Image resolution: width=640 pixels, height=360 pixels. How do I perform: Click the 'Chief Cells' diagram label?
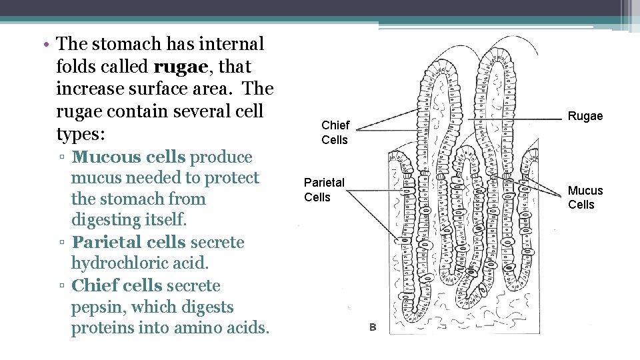[335, 132]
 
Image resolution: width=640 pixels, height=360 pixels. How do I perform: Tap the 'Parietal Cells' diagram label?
[324, 189]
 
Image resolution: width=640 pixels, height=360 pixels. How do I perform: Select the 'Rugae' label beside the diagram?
[585, 116]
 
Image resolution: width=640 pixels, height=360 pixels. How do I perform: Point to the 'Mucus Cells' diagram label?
[585, 197]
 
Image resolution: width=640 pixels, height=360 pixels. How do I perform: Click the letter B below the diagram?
[373, 327]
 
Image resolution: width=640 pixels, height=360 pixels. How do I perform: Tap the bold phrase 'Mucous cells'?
[129, 157]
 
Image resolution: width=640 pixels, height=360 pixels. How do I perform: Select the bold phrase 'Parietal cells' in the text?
[129, 243]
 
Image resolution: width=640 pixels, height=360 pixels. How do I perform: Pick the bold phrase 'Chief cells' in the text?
[116, 285]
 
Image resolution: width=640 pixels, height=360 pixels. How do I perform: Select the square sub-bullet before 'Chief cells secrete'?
[61, 287]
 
